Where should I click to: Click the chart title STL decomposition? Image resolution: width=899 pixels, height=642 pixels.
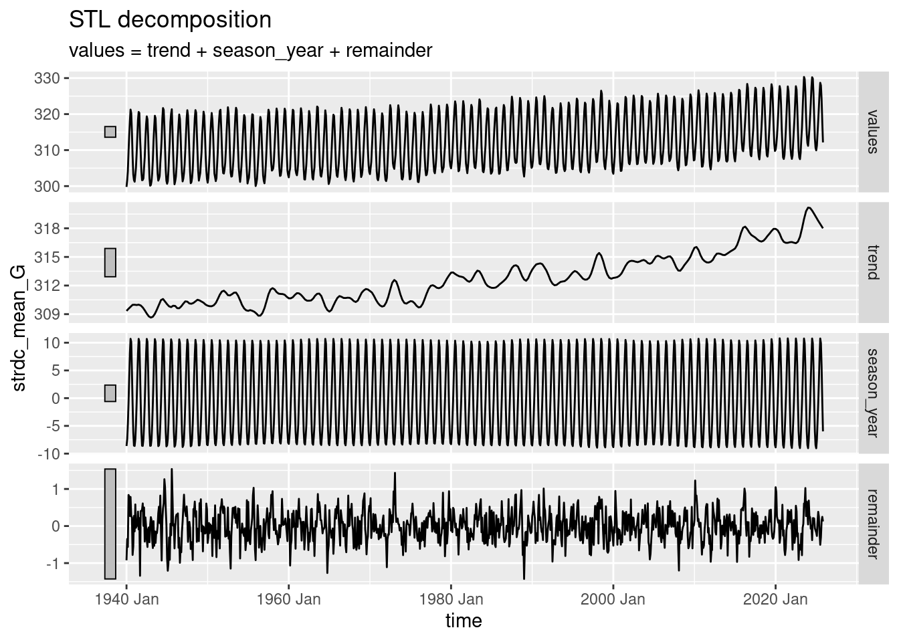pyautogui.click(x=170, y=20)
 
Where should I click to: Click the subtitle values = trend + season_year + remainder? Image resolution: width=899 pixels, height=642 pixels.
pyautogui.click(x=251, y=50)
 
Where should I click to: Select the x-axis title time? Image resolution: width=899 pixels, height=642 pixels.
pyautogui.click(x=464, y=621)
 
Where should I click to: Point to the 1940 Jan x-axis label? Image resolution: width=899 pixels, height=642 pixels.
pyautogui.click(x=126, y=599)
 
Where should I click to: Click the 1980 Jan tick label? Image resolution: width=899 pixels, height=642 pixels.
pyautogui.click(x=451, y=599)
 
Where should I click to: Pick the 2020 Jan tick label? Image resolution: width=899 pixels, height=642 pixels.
pyautogui.click(x=775, y=599)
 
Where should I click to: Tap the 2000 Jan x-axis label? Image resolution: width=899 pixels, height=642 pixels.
pyautogui.click(x=613, y=599)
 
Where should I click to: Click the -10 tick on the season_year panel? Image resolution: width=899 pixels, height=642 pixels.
pyautogui.click(x=54, y=454)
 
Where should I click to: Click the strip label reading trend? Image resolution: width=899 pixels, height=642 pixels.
pyautogui.click(x=872, y=261)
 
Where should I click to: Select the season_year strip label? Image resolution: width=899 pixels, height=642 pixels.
pyautogui.click(x=872, y=393)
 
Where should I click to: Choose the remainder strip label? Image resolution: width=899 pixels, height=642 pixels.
pyautogui.click(x=872, y=524)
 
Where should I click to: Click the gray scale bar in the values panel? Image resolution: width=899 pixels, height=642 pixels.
pyautogui.click(x=110, y=132)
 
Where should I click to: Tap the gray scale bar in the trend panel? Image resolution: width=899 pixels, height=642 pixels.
pyautogui.click(x=110, y=262)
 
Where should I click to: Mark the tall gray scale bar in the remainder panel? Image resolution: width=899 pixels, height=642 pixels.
pyautogui.click(x=110, y=524)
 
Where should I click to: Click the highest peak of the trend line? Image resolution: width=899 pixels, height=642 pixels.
pyautogui.click(x=809, y=207)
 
